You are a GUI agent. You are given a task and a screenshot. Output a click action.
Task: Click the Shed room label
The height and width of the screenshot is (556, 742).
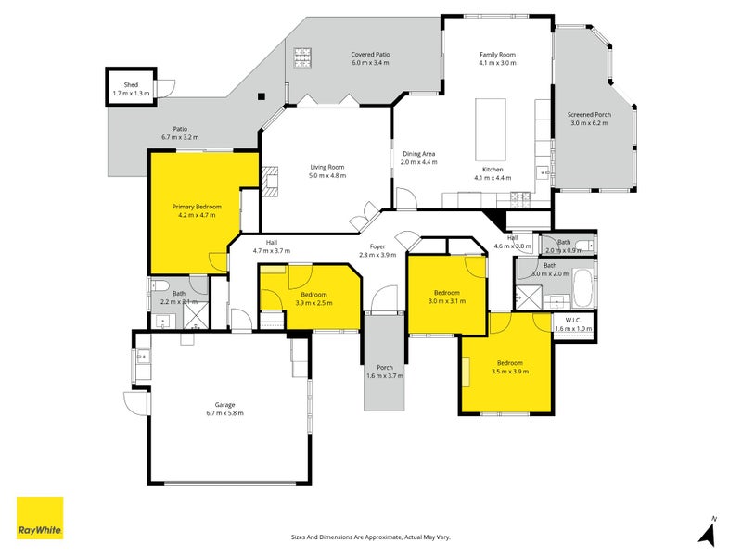pos(124,85)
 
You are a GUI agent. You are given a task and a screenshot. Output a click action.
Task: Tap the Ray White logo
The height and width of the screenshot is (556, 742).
pos(40,518)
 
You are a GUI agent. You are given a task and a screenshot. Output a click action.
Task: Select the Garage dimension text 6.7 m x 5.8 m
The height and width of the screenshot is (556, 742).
pos(224,413)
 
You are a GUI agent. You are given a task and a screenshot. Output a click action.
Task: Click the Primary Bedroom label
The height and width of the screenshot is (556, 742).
pos(197,206)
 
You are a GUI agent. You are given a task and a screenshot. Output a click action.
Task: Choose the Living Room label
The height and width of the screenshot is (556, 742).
pos(327,167)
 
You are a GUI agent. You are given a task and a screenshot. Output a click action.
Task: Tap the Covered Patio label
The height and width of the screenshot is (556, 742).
pos(370,55)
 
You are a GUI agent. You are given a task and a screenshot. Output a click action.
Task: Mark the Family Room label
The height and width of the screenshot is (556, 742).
pos(497,55)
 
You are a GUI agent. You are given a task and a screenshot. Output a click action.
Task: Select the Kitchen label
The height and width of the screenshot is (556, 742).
pos(493,169)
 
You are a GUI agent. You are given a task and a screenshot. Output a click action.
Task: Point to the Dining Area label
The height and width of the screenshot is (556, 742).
pos(418,154)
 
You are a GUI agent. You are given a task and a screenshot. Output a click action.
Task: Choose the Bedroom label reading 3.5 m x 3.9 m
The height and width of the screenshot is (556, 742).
pos(509,362)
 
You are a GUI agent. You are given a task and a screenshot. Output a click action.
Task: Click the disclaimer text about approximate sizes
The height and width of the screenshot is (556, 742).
pos(370,537)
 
